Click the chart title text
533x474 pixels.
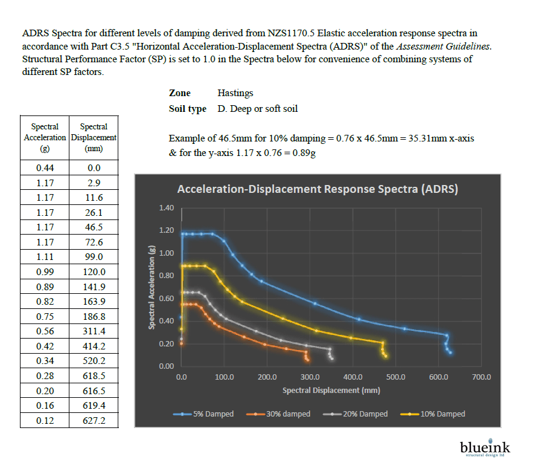click(x=318, y=189)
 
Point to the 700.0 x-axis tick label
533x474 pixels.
click(x=481, y=377)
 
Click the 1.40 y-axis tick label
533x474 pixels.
click(x=167, y=208)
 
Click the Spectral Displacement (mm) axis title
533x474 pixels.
click(x=331, y=390)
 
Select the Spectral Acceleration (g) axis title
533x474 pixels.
click(x=153, y=287)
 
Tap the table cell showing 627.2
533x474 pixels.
click(x=94, y=420)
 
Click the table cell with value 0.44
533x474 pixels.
click(x=45, y=168)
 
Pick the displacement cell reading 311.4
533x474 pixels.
click(x=94, y=331)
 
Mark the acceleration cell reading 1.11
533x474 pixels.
click(x=45, y=257)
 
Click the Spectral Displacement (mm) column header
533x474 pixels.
click(x=94, y=137)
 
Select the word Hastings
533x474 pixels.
click(x=235, y=93)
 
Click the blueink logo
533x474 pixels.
click(x=485, y=448)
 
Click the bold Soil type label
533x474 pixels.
click(x=188, y=109)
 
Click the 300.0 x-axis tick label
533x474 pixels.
click(x=310, y=377)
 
